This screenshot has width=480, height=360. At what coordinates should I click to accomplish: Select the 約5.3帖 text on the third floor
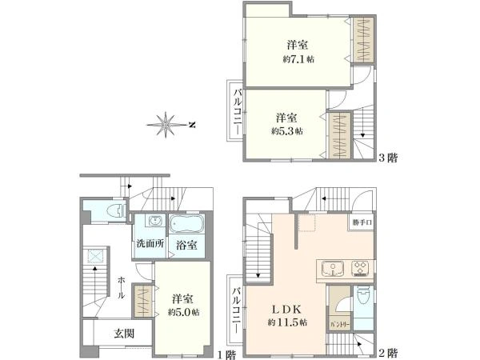286,131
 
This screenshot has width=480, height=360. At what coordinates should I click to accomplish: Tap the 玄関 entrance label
123,334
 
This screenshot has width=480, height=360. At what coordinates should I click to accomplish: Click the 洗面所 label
148,244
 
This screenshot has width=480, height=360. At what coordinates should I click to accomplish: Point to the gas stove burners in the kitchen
361,267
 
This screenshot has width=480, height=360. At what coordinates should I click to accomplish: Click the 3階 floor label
387,158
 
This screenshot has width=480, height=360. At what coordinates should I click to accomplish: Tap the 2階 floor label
387,353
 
